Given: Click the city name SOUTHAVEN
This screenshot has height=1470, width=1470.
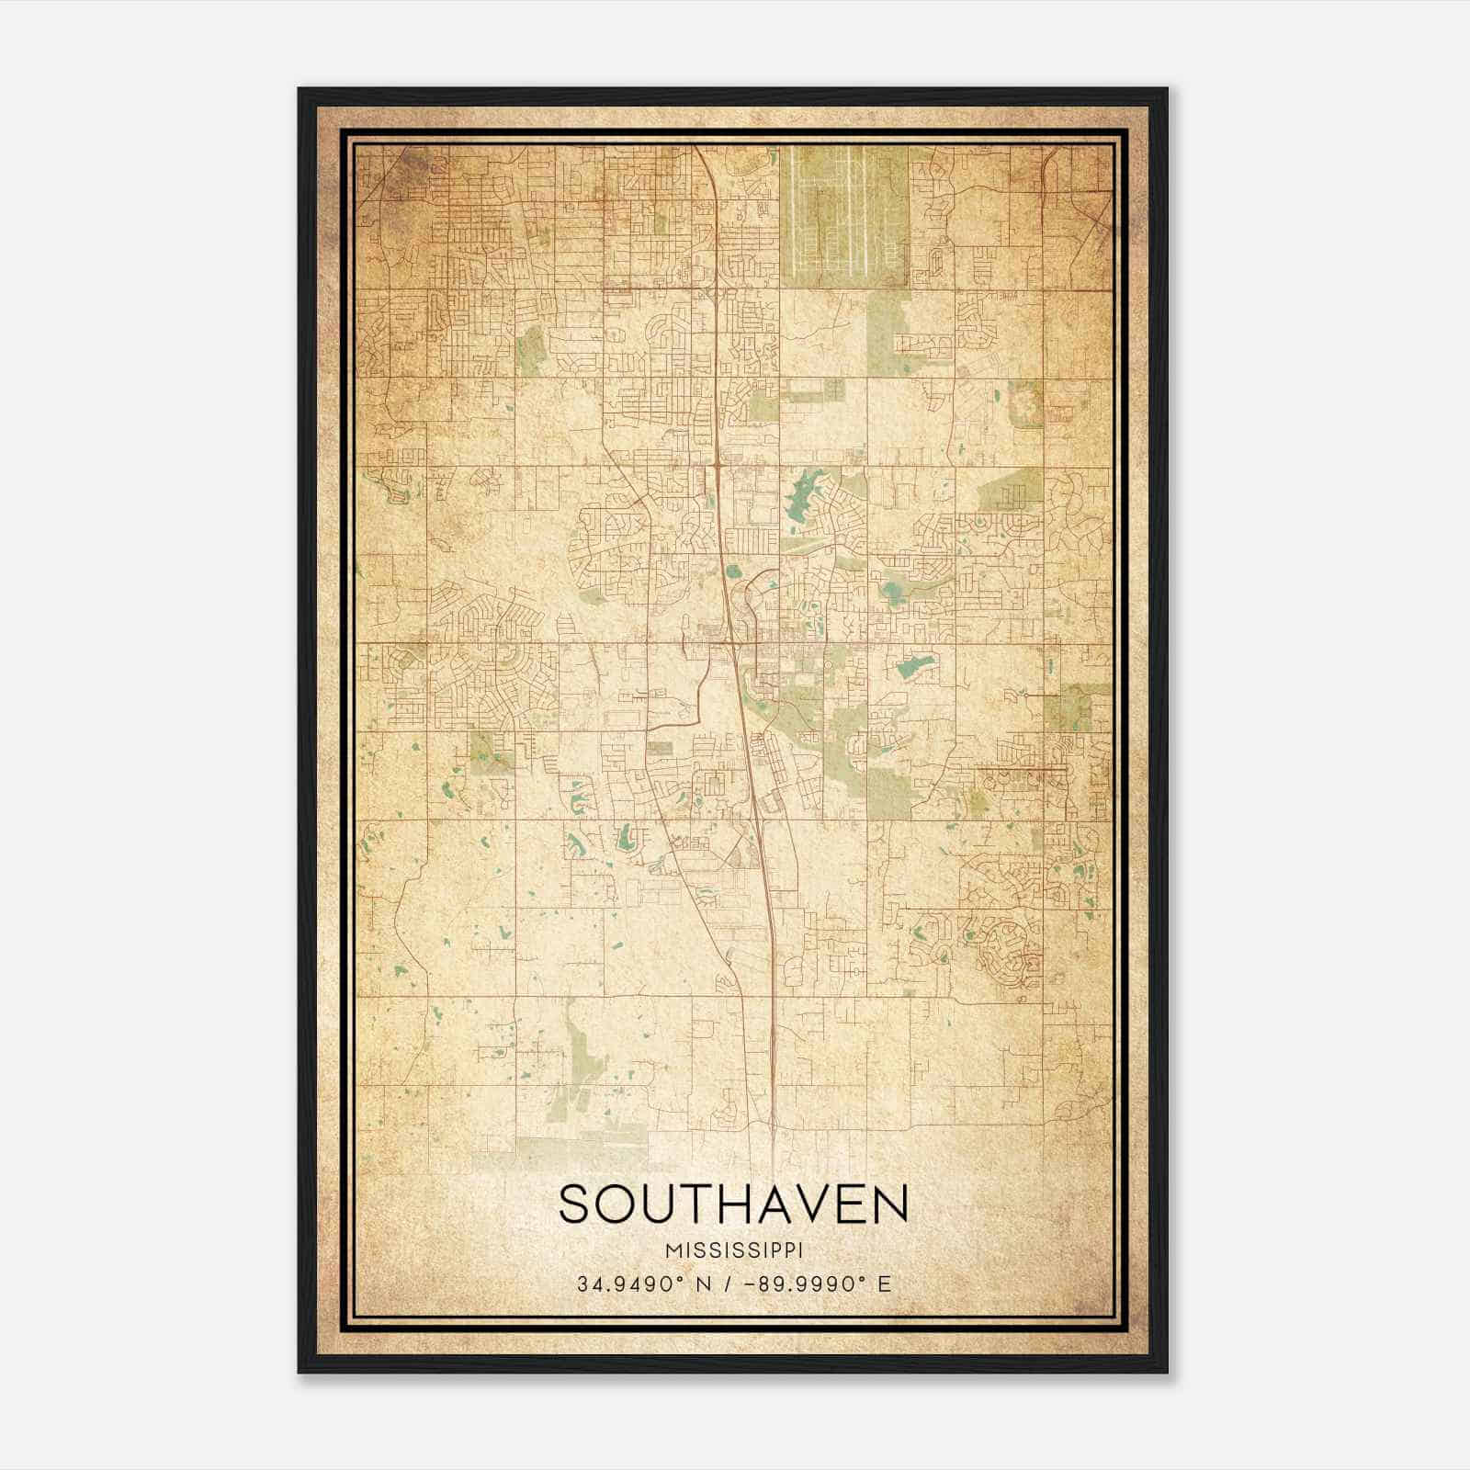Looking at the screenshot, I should coord(733,1204).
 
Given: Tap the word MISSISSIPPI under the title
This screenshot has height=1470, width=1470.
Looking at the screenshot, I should coord(733,1250).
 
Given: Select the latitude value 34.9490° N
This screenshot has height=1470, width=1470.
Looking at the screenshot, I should coord(639,1284).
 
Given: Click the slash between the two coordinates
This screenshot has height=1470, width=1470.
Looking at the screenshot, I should coord(727,1284).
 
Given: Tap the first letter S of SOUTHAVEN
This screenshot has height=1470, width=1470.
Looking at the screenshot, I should coord(574,1204).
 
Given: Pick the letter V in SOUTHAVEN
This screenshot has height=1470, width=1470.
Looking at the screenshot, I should coord(797,1204).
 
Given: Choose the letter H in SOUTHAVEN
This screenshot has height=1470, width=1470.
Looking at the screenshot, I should coord(715,1204).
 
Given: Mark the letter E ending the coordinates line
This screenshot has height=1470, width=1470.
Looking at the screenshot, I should coord(884,1284).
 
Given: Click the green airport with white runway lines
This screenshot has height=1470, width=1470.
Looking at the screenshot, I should coord(843,216).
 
